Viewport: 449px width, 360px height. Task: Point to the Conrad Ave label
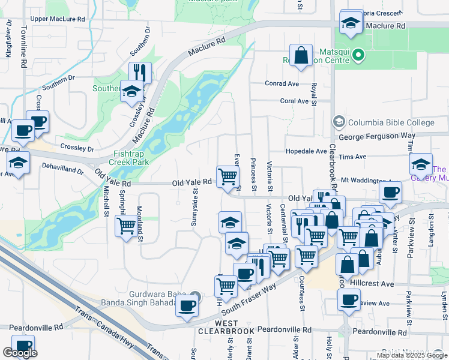click(x=282, y=83)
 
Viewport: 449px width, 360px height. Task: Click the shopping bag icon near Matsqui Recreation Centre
click(x=301, y=56)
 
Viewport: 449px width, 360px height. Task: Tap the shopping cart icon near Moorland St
click(x=126, y=226)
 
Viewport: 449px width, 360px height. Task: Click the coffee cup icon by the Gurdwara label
click(x=187, y=305)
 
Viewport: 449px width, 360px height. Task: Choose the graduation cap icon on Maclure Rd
click(x=350, y=23)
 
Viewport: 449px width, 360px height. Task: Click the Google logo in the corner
click(x=20, y=353)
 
